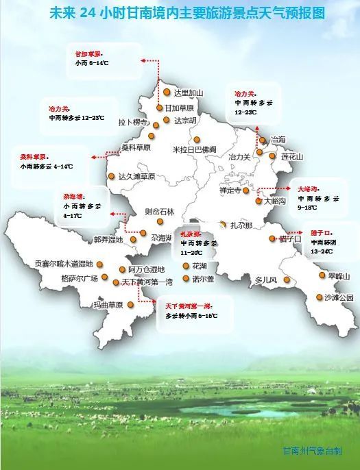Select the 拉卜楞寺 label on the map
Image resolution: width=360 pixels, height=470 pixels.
pyautogui.click(x=134, y=122)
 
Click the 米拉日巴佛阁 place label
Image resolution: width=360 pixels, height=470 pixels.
pyautogui.click(x=194, y=149)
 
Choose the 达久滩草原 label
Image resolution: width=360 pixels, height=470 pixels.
pyautogui.click(x=136, y=176)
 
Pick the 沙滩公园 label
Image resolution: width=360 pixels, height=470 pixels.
pyautogui.click(x=339, y=297)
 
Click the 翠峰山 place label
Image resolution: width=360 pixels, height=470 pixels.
pyautogui.click(x=338, y=276)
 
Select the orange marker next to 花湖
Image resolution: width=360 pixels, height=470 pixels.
pyautogui.click(x=187, y=265)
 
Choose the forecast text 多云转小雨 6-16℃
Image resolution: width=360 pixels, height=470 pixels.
pyautogui.click(x=191, y=316)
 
